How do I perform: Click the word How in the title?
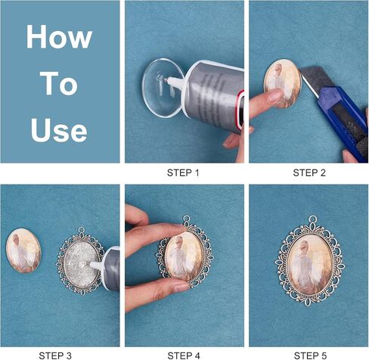pyautogui.click(x=59, y=36)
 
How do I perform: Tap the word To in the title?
pyautogui.click(x=59, y=83)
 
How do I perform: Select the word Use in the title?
pyautogui.click(x=59, y=130)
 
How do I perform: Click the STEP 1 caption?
pyautogui.click(x=183, y=173)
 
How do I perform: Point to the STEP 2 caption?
pyautogui.click(x=309, y=173)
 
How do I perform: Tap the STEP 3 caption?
pyautogui.click(x=55, y=355)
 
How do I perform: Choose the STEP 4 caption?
pyautogui.click(x=184, y=355)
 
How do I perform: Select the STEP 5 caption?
pyautogui.click(x=310, y=355)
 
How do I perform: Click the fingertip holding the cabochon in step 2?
pyautogui.click(x=274, y=97)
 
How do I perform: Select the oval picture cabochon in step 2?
pyautogui.click(x=282, y=84)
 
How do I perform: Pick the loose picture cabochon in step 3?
pyautogui.click(x=23, y=251)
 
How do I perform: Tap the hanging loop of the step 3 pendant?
pyautogui.click(x=82, y=231)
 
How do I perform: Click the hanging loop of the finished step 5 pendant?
pyautogui.click(x=312, y=219)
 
